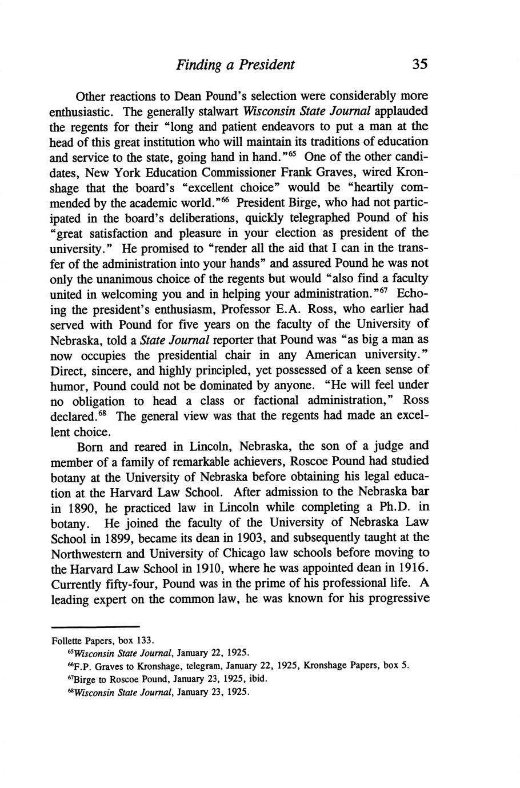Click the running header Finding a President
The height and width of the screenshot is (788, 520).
tap(235, 64)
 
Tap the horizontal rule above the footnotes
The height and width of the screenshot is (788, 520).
tap(95, 627)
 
